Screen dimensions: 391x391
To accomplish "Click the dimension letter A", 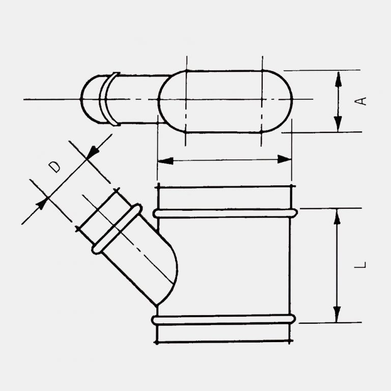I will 361,100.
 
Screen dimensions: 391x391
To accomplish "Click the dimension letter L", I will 361,265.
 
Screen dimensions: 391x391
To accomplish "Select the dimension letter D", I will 55,166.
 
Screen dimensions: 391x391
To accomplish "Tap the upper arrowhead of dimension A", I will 338,77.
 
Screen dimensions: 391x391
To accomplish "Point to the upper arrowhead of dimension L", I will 336,216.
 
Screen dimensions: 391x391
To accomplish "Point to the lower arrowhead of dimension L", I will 336,315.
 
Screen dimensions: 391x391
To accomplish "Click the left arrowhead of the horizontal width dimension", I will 164,160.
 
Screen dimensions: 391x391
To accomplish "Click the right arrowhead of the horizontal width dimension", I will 285,160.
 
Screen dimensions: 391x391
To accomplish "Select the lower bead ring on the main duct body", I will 224,320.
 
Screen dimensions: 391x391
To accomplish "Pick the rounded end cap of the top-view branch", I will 90,99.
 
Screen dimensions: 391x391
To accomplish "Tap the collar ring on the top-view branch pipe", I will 106,99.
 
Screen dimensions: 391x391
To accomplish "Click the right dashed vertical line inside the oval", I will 261,102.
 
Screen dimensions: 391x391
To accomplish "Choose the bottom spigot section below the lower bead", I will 224,333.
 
